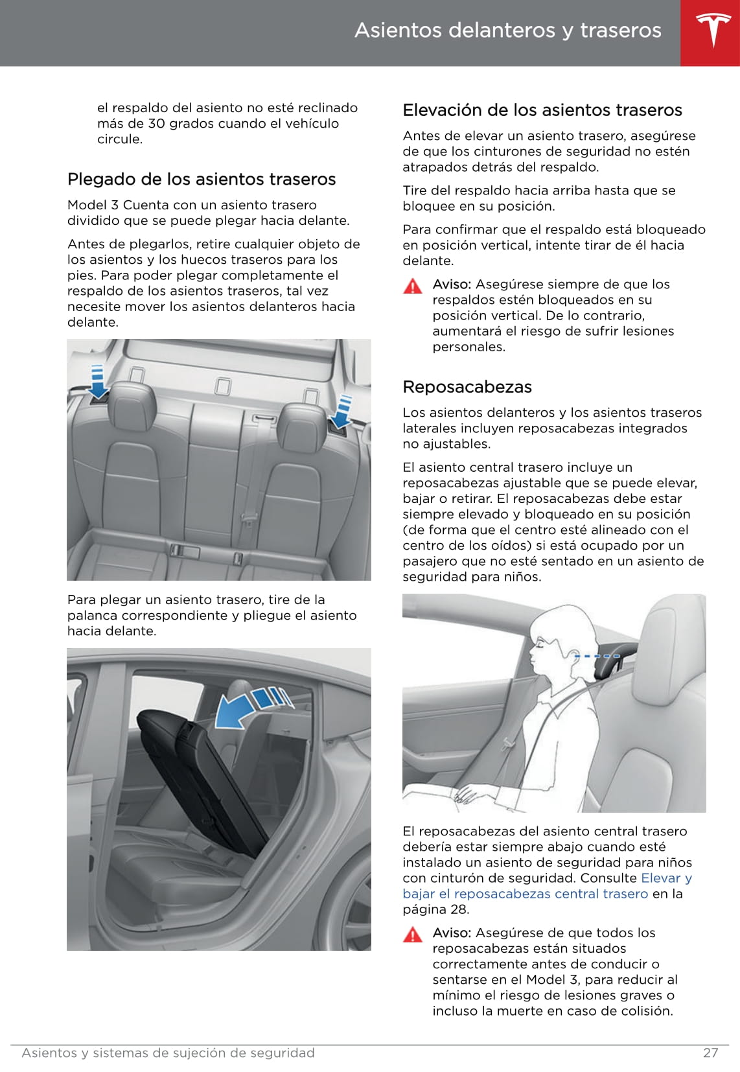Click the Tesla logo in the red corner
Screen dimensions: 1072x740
(713, 30)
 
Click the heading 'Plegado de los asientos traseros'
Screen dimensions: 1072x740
(202, 180)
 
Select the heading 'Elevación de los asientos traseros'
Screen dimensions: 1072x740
(542, 110)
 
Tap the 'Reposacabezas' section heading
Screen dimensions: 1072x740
(467, 387)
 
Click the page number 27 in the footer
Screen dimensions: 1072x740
(710, 1053)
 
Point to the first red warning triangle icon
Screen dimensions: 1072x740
(412, 286)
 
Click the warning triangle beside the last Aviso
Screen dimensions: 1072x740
(412, 935)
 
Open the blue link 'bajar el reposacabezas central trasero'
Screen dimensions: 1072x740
(525, 894)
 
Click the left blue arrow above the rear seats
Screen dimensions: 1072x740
(98, 382)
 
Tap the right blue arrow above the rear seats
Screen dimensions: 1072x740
(342, 412)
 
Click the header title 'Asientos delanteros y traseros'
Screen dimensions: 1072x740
(507, 30)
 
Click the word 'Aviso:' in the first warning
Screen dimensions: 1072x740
(452, 285)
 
